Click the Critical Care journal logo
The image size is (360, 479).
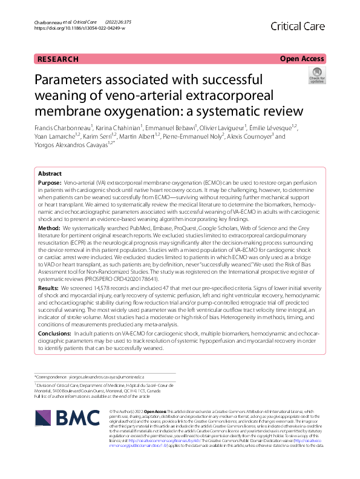point(298,26)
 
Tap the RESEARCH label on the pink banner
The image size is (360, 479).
point(58,59)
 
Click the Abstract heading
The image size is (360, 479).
point(50,173)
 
